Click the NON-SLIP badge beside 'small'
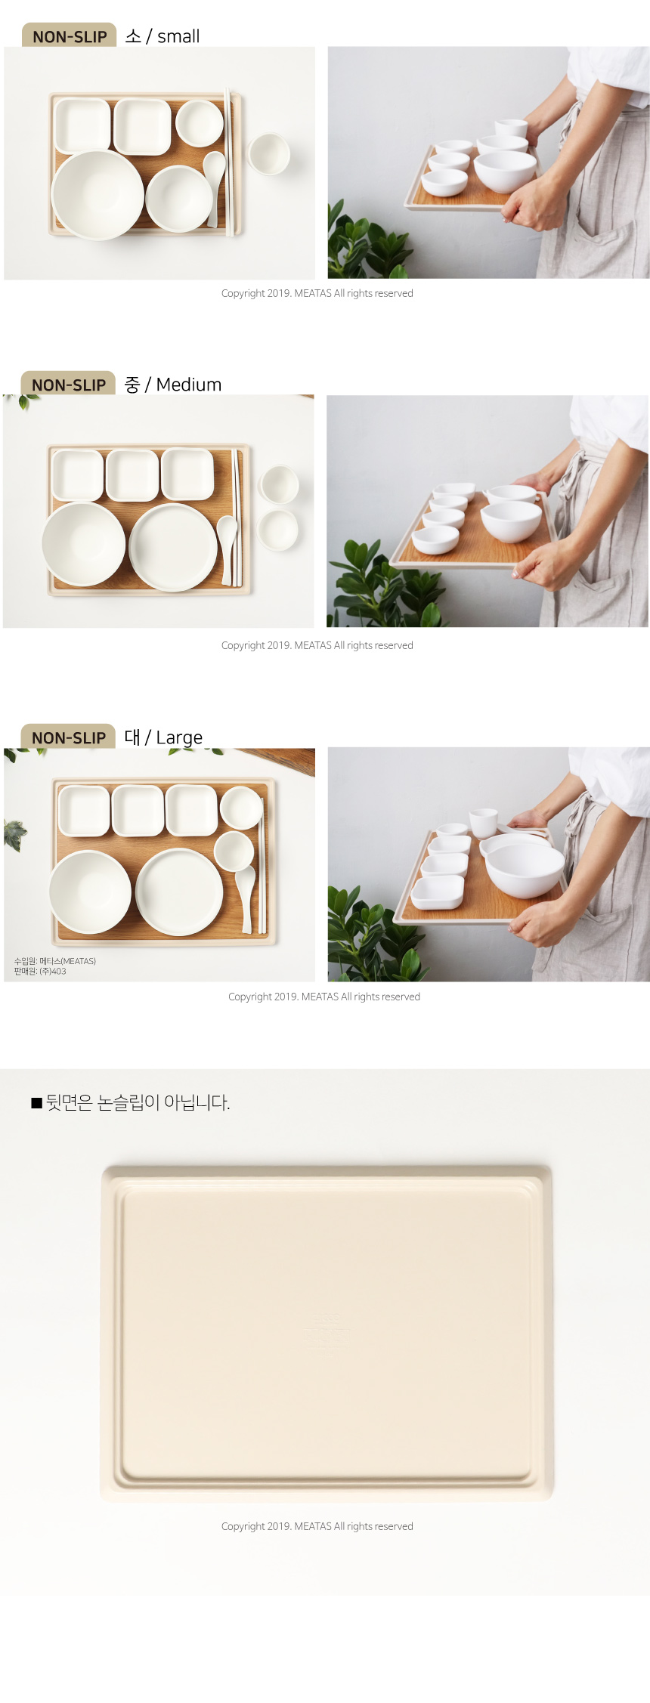click(x=70, y=36)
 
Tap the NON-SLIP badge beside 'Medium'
click(x=68, y=384)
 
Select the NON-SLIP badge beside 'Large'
click(x=68, y=737)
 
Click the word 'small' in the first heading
click(x=178, y=36)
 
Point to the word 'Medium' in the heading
click(x=189, y=385)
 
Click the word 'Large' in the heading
click(x=179, y=738)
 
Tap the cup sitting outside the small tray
click(x=268, y=154)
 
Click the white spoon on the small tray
click(x=214, y=185)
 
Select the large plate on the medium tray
click(x=174, y=547)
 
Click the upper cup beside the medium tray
click(x=279, y=484)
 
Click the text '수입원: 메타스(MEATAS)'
click(x=54, y=961)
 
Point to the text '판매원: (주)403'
click(x=40, y=972)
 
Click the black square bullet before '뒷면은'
click(x=36, y=1103)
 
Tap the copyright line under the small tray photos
click(x=317, y=293)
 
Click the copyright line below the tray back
click(x=317, y=1526)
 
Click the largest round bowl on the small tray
click(x=97, y=194)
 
